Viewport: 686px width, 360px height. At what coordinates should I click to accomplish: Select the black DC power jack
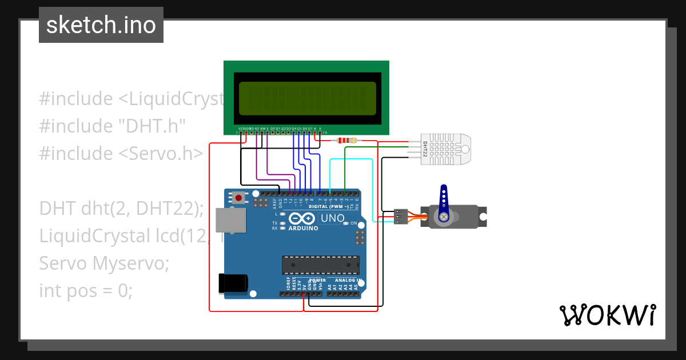[x=233, y=284]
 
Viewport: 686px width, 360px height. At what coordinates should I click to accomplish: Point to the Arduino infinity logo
[x=302, y=218]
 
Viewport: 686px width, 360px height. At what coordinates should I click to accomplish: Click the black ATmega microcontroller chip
[x=321, y=265]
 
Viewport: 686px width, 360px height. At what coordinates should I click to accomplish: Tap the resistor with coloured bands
[x=347, y=141]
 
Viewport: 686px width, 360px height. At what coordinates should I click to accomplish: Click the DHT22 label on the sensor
[x=425, y=150]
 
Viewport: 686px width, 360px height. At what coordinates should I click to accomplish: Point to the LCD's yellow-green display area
[x=308, y=97]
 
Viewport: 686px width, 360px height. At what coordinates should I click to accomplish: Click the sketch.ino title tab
[x=101, y=25]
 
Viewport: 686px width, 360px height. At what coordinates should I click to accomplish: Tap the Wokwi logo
[x=607, y=315]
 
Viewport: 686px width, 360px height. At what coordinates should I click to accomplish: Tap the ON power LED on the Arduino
[x=346, y=223]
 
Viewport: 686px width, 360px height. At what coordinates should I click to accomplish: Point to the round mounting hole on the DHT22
[x=465, y=150]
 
